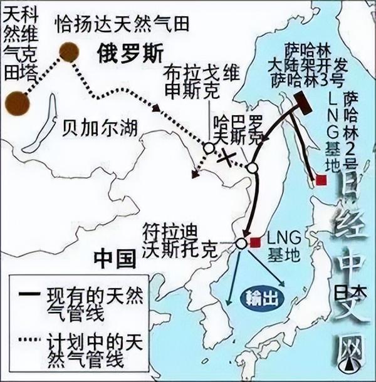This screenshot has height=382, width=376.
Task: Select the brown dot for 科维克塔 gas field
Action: pos(15,102)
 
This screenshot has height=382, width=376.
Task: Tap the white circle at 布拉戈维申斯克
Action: pos(207,148)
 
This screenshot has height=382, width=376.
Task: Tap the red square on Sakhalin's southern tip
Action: pos(321,180)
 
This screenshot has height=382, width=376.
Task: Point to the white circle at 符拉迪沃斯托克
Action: pos(243,244)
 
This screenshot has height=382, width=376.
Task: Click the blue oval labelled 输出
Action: pos(259,297)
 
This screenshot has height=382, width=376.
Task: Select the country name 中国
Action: pos(115,256)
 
